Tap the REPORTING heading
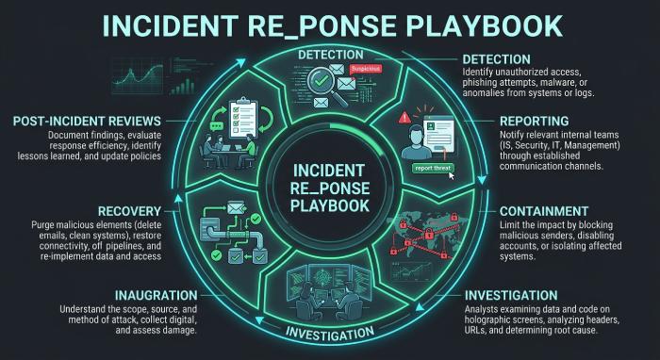click(x=535, y=122)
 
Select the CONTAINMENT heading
click(x=544, y=211)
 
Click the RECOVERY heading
click(x=129, y=211)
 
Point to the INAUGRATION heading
click(x=157, y=295)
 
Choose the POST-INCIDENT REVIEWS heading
click(x=87, y=122)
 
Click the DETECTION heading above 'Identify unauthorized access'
click(x=496, y=58)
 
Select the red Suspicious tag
click(x=366, y=68)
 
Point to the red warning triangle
click(x=404, y=117)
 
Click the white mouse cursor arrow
click(x=452, y=175)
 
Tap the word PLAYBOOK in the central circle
click(x=330, y=206)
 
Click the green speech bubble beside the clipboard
click(x=216, y=126)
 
